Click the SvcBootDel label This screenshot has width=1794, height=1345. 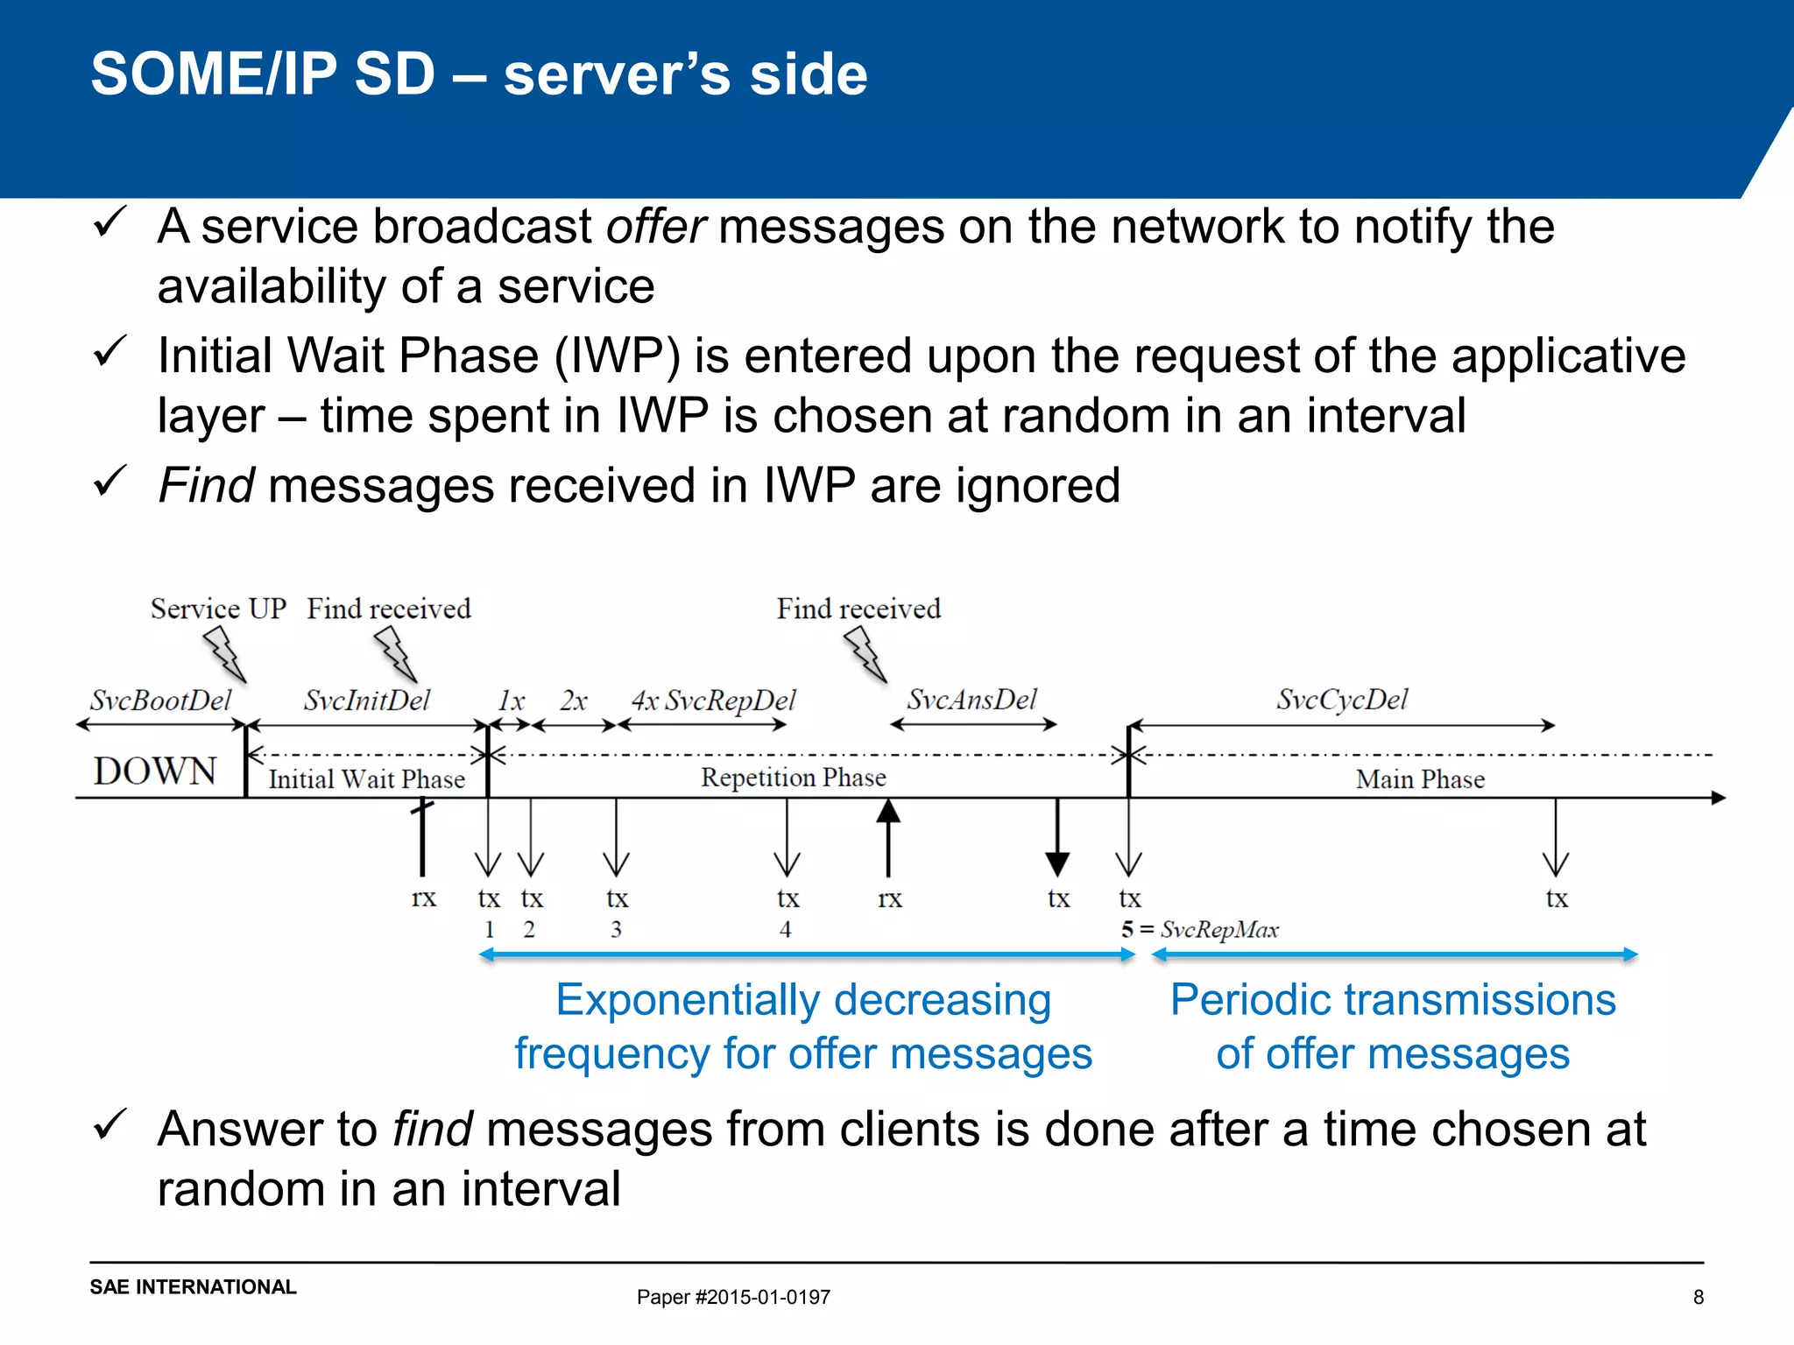click(x=160, y=700)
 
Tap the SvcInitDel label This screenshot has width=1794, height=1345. click(x=367, y=700)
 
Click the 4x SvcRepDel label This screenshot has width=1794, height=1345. click(x=713, y=701)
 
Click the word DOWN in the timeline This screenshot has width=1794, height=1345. click(x=154, y=771)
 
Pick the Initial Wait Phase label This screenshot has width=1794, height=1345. click(x=366, y=778)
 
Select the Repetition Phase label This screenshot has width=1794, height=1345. click(x=793, y=777)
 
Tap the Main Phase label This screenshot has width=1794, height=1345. click(x=1420, y=778)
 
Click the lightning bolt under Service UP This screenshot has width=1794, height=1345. click(x=225, y=656)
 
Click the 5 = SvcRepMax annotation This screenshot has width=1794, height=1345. click(x=1199, y=929)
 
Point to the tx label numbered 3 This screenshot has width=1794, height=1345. click(x=617, y=898)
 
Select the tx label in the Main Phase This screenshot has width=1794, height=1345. click(x=1556, y=898)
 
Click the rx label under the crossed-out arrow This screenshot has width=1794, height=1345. click(x=423, y=898)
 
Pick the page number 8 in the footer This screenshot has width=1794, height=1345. click(x=1698, y=1297)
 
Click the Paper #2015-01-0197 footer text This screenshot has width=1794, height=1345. click(x=733, y=1297)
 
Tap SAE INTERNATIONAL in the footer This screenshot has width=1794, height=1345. click(x=193, y=1286)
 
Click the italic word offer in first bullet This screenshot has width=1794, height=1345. click(x=655, y=226)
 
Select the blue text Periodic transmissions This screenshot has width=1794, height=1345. click(x=1393, y=999)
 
